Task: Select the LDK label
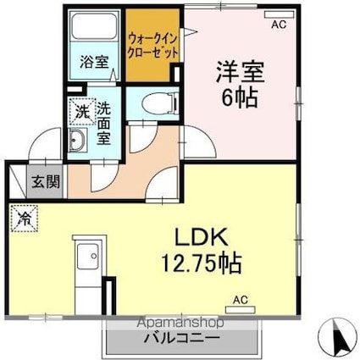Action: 202,235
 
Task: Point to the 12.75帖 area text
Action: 202,260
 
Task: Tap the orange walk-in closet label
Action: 153,45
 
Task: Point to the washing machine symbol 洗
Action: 80,110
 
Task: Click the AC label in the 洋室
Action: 278,25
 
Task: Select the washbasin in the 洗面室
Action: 77,141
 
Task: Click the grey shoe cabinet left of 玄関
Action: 18,180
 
